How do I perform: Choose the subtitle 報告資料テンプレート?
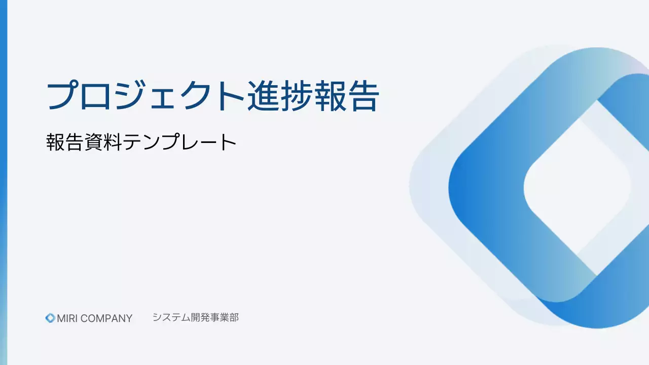pos(141,142)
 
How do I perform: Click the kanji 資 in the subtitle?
pos(94,142)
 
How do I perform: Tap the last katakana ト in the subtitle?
pos(228,142)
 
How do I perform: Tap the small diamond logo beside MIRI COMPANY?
pos(50,318)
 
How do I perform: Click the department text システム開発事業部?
pos(195,318)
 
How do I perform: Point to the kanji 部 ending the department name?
pos(234,318)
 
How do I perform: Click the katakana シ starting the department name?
pos(157,318)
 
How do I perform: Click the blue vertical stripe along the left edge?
pos(3,182)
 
